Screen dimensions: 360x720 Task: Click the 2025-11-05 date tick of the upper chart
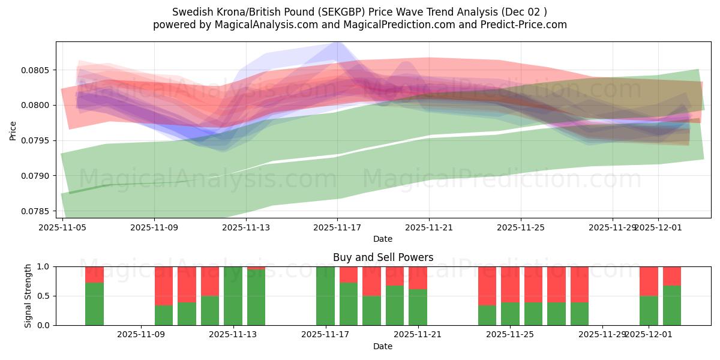[x=62, y=228]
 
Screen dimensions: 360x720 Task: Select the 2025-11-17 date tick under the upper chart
[x=337, y=228]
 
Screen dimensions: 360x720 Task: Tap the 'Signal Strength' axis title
[x=28, y=296]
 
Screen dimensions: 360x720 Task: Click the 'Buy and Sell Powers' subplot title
[x=383, y=257]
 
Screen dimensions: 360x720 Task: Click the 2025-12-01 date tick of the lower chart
[x=649, y=335]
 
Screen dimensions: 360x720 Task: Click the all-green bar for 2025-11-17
[x=325, y=296]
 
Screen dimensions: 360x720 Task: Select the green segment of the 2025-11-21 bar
[x=418, y=307]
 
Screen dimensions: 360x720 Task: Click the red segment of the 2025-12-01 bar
[x=649, y=281]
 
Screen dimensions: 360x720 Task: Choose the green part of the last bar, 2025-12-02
[x=672, y=305]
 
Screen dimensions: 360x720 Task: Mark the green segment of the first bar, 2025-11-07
[x=94, y=304]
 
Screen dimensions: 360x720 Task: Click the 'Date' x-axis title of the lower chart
[x=383, y=346]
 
